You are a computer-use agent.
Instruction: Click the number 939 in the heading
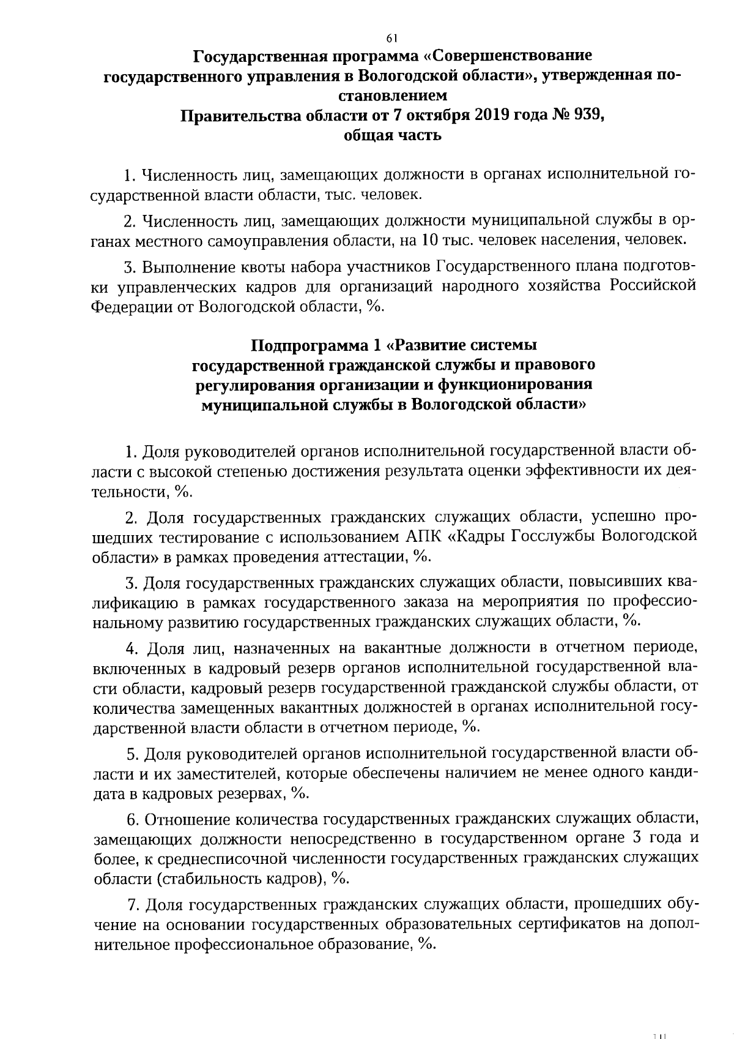coord(587,115)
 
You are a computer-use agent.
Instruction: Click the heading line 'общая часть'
coord(392,135)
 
